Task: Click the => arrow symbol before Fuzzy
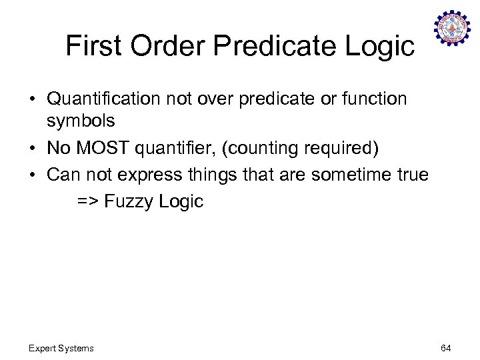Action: tap(87, 202)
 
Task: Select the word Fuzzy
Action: tap(129, 202)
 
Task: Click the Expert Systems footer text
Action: tap(61, 348)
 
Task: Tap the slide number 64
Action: tap(446, 348)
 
